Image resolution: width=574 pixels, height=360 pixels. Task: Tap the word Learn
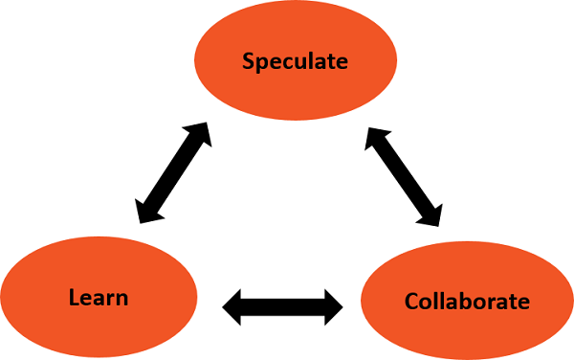point(99,297)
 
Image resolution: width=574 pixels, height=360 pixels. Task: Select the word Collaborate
point(467,302)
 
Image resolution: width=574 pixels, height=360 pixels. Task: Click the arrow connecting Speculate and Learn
point(173,172)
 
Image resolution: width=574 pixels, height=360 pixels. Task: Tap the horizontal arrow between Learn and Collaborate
point(282,307)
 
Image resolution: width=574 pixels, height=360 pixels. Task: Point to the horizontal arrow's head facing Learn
point(232,307)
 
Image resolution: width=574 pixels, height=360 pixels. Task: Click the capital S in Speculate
point(248,62)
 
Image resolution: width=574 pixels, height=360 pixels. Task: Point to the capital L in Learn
point(74,297)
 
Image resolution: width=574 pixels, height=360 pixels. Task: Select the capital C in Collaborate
point(412,302)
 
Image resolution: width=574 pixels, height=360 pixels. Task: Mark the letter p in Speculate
point(261,64)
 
